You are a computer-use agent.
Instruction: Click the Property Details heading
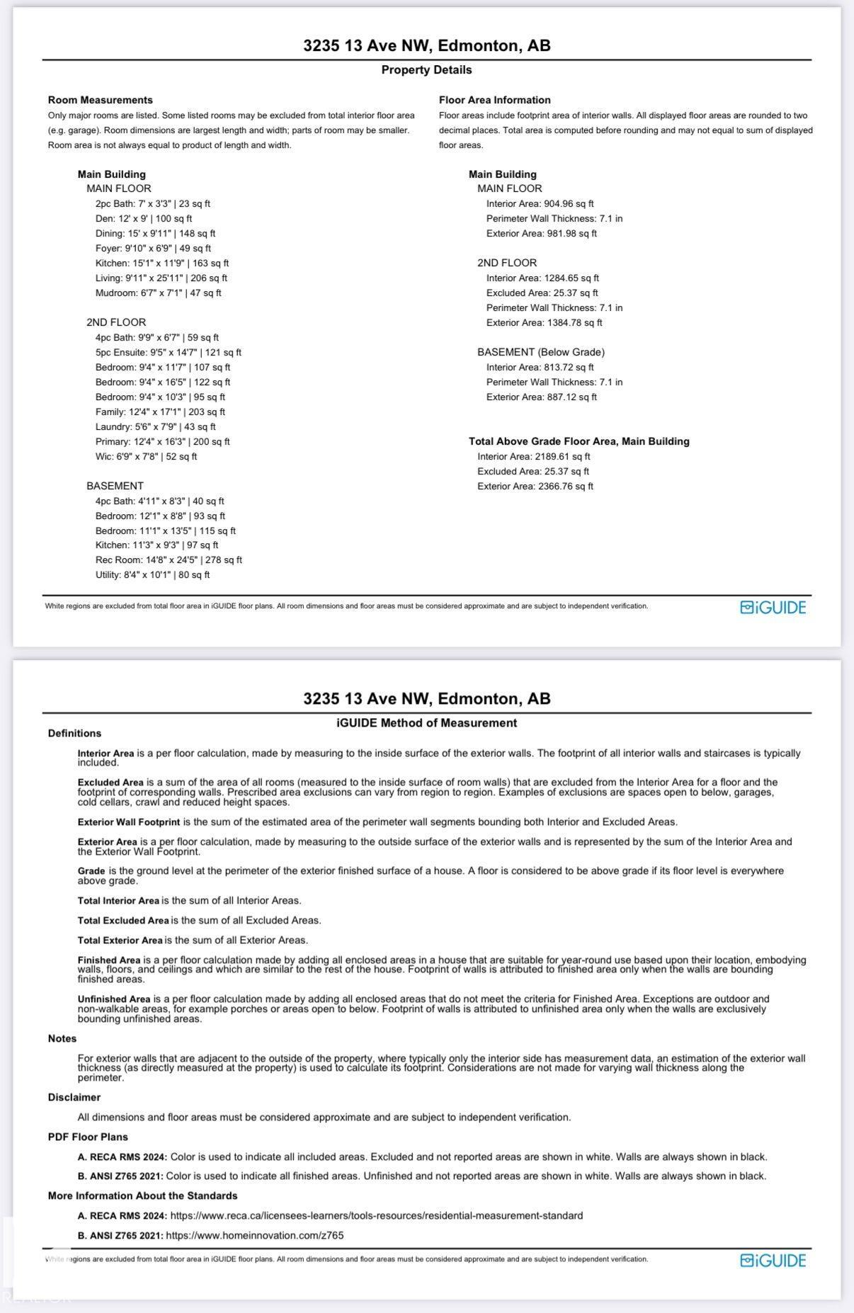[x=426, y=70]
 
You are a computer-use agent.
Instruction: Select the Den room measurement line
[x=144, y=219]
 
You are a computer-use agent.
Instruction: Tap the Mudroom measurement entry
[x=158, y=293]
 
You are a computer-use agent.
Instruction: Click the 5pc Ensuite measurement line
[x=169, y=353]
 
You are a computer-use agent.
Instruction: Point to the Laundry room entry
[x=156, y=427]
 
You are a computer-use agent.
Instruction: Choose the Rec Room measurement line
[x=169, y=560]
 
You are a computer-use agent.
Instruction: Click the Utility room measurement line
[x=152, y=575]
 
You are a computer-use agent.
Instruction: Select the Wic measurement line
[x=146, y=457]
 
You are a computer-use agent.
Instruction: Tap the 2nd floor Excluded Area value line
[x=542, y=293]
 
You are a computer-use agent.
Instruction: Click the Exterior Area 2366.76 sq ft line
[x=535, y=487]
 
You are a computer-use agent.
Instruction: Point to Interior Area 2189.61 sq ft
[x=533, y=457]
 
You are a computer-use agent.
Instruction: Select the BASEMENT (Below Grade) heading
[x=540, y=352]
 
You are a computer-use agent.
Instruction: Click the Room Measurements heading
[x=100, y=101]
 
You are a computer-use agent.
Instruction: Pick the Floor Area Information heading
[x=494, y=101]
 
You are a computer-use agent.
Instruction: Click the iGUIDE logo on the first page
[x=773, y=608]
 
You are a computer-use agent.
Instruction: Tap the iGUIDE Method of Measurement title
[x=426, y=723]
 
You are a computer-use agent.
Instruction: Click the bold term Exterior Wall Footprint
[x=129, y=822]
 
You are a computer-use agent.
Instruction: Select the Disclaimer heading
[x=74, y=1097]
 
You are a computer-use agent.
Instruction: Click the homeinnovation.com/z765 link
[x=254, y=1235]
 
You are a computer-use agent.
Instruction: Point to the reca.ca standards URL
[x=376, y=1215]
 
